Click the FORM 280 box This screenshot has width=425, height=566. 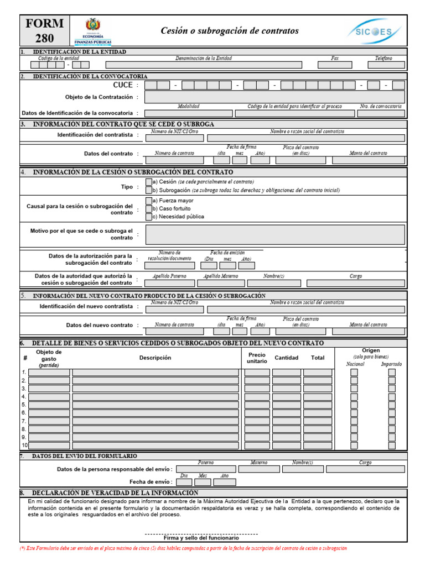click(x=44, y=31)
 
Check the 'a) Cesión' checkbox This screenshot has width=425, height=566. click(x=148, y=182)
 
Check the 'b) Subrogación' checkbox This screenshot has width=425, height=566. click(x=148, y=190)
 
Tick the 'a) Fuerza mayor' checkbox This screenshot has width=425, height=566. click(x=148, y=201)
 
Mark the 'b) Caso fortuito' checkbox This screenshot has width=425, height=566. click(x=148, y=209)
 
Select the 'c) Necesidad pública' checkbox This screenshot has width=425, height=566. click(x=148, y=217)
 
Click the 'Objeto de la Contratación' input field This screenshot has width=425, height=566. click(x=274, y=97)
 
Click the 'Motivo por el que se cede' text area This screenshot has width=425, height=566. click(x=274, y=234)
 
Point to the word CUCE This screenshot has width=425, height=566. click(x=123, y=85)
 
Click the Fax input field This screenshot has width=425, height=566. click(x=335, y=65)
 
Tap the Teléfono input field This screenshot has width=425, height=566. click(x=383, y=65)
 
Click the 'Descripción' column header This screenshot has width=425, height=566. click(x=156, y=358)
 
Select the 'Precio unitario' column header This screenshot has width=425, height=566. click(x=257, y=358)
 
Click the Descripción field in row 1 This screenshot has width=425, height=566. click(x=156, y=373)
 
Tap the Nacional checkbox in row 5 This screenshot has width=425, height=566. click(x=354, y=405)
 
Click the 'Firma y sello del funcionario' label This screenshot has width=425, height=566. click(x=201, y=537)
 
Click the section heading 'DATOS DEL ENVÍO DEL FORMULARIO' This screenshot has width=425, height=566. click(x=85, y=456)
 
